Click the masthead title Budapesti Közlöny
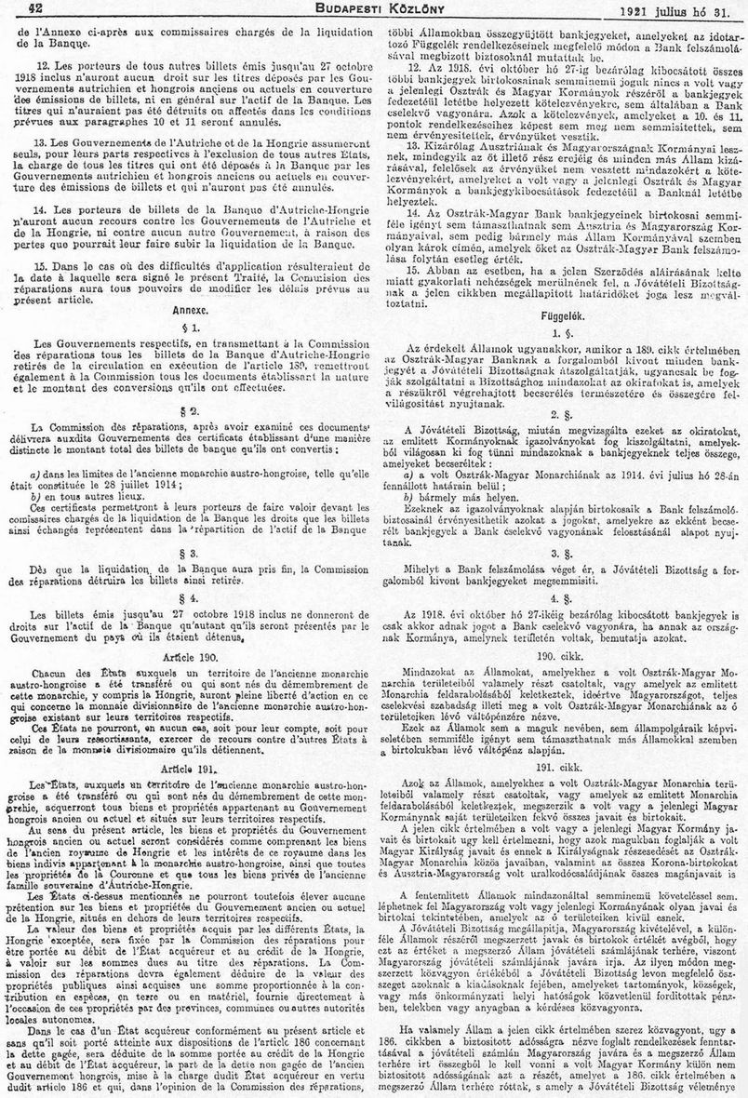click(x=374, y=8)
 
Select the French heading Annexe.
click(x=188, y=308)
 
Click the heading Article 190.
click(x=188, y=656)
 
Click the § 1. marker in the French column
click(x=188, y=328)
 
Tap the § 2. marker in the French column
click(x=188, y=410)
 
